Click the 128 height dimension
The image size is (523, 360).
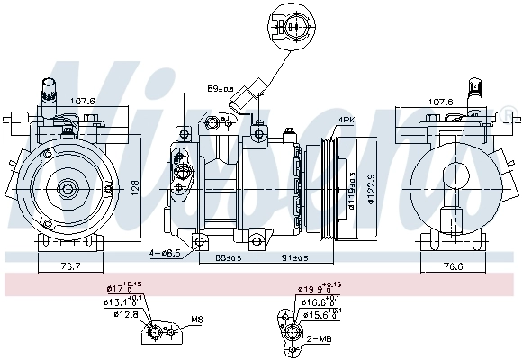pyautogui.click(x=134, y=186)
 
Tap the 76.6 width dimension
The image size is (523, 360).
pyautogui.click(x=460, y=266)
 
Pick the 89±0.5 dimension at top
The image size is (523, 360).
pyautogui.click(x=221, y=89)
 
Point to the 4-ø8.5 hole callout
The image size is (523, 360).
pyautogui.click(x=166, y=254)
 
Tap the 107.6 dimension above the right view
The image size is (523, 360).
pyautogui.click(x=440, y=101)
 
